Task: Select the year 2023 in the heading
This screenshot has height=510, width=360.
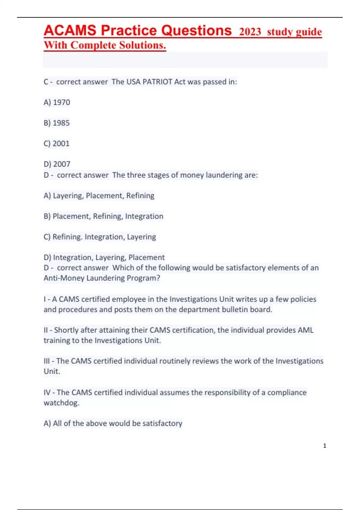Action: [x=250, y=32]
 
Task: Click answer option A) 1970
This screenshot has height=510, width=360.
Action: [x=57, y=102]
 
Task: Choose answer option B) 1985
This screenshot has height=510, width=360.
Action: [x=56, y=123]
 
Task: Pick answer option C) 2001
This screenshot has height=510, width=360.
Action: [x=56, y=143]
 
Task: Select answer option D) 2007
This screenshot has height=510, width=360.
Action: [x=57, y=164]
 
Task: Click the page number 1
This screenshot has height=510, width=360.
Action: [x=325, y=446]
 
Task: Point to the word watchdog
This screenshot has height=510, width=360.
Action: [x=61, y=403]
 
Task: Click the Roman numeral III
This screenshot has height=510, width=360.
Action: [x=47, y=361]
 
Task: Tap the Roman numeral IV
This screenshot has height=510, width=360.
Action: [x=47, y=392]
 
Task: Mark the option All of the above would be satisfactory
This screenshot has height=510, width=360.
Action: [x=113, y=423]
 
